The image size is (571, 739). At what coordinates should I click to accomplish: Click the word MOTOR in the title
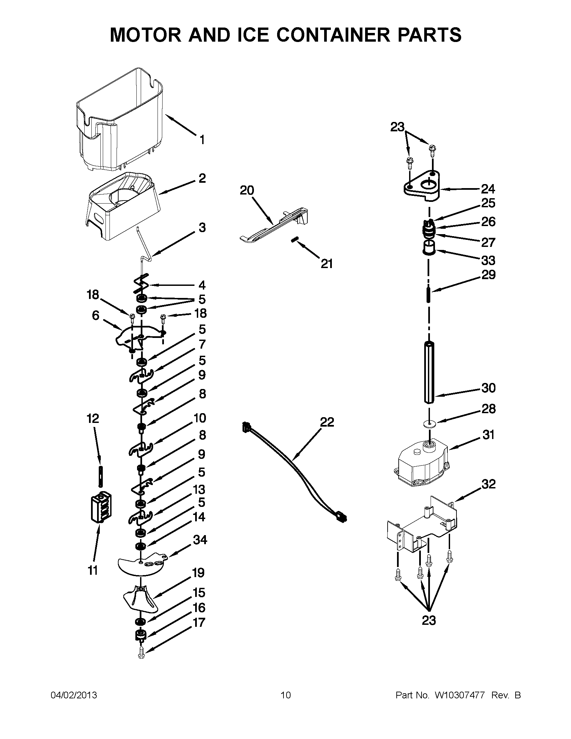click(146, 35)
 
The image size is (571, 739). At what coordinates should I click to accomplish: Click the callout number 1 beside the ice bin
click(202, 139)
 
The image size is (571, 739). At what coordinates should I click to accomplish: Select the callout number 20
click(247, 190)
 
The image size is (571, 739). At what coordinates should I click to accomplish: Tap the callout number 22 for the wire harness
click(327, 422)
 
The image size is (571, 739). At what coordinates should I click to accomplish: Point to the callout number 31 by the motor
click(488, 434)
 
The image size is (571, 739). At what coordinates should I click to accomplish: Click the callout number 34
click(200, 540)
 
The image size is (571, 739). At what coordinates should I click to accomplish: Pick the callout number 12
click(93, 419)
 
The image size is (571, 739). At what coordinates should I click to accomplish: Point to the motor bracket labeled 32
click(423, 526)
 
